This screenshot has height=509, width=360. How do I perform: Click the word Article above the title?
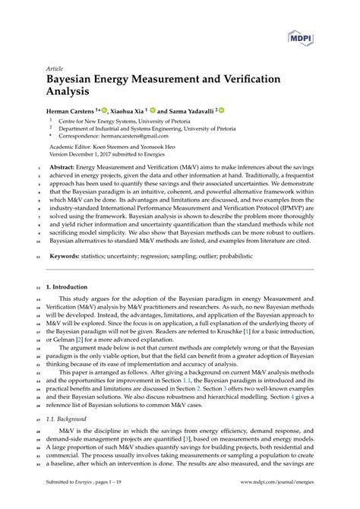pos(57,67)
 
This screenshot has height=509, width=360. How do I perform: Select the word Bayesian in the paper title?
pos(75,79)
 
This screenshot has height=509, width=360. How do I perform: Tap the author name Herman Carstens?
pos(76,111)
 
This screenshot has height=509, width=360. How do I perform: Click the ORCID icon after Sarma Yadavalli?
pos(222,110)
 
